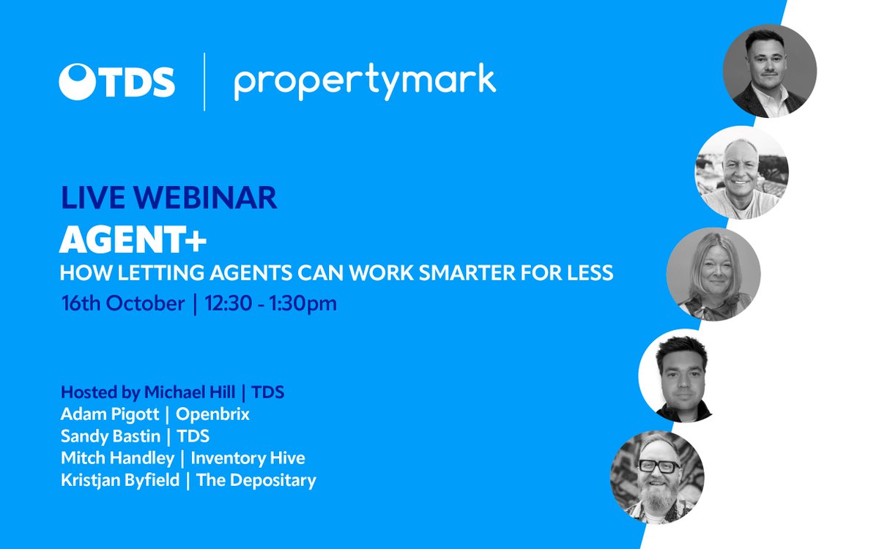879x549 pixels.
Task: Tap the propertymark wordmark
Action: (x=365, y=83)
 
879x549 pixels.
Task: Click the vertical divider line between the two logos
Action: (x=204, y=81)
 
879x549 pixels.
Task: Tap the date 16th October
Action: (x=123, y=303)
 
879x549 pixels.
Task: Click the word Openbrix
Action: (x=213, y=414)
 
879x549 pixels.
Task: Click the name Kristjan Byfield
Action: (x=119, y=480)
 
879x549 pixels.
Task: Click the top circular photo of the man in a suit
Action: (x=770, y=70)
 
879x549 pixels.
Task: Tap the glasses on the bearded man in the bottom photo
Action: (x=657, y=465)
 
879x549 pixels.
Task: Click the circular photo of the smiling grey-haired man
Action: (x=741, y=172)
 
